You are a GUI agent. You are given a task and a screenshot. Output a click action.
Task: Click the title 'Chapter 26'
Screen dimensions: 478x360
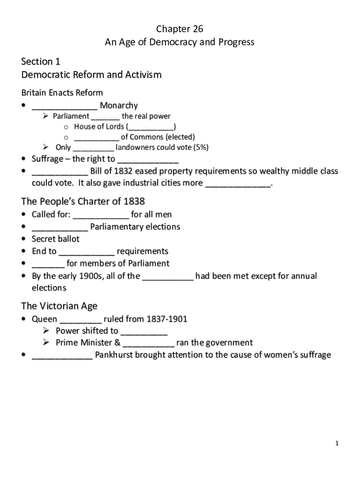click(x=180, y=29)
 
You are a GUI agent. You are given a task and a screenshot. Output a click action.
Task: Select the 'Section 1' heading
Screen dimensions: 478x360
click(x=41, y=62)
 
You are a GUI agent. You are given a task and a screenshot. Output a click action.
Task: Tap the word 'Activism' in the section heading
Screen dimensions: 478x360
click(x=142, y=75)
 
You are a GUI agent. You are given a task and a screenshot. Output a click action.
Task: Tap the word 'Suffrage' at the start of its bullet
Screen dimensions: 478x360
click(x=47, y=159)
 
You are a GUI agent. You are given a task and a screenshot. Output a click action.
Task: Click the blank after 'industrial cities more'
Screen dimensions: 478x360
click(x=238, y=183)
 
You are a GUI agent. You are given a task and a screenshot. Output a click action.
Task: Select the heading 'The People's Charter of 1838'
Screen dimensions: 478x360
click(x=83, y=202)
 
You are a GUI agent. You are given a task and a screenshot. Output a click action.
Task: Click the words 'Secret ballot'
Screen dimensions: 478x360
click(x=56, y=239)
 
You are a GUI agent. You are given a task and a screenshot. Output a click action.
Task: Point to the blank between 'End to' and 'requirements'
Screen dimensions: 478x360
click(x=86, y=252)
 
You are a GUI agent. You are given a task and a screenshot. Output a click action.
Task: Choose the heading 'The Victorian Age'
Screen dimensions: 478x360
click(x=59, y=306)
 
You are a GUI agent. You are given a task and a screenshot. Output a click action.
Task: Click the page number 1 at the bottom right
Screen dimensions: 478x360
click(x=336, y=443)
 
